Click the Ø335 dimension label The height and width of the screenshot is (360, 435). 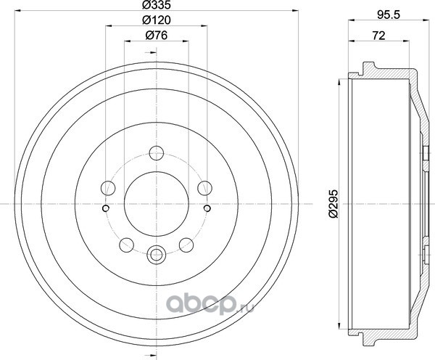(156, 4)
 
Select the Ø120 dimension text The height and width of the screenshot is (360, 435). (156, 20)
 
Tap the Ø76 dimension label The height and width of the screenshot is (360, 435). (156, 36)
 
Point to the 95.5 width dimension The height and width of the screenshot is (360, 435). (389, 15)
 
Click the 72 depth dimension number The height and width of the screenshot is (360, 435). (379, 36)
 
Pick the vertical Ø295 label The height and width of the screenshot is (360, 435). (333, 204)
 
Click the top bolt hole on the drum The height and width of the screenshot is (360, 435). (157, 153)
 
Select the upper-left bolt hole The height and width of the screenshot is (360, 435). (108, 188)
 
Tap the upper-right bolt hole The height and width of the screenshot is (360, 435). (204, 188)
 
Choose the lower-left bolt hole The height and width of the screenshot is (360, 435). (126, 245)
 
